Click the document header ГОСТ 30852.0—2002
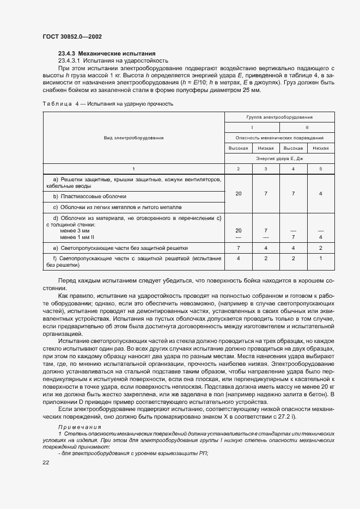pyautogui.click(x=72, y=36)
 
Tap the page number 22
pyautogui.click(x=46, y=462)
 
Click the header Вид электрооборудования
pyautogui.click(x=133, y=138)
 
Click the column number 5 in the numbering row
pyautogui.click(x=320, y=169)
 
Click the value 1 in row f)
pyautogui.click(x=320, y=258)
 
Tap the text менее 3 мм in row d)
pyautogui.click(x=75, y=230)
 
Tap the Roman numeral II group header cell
pyautogui.click(x=307, y=127)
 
